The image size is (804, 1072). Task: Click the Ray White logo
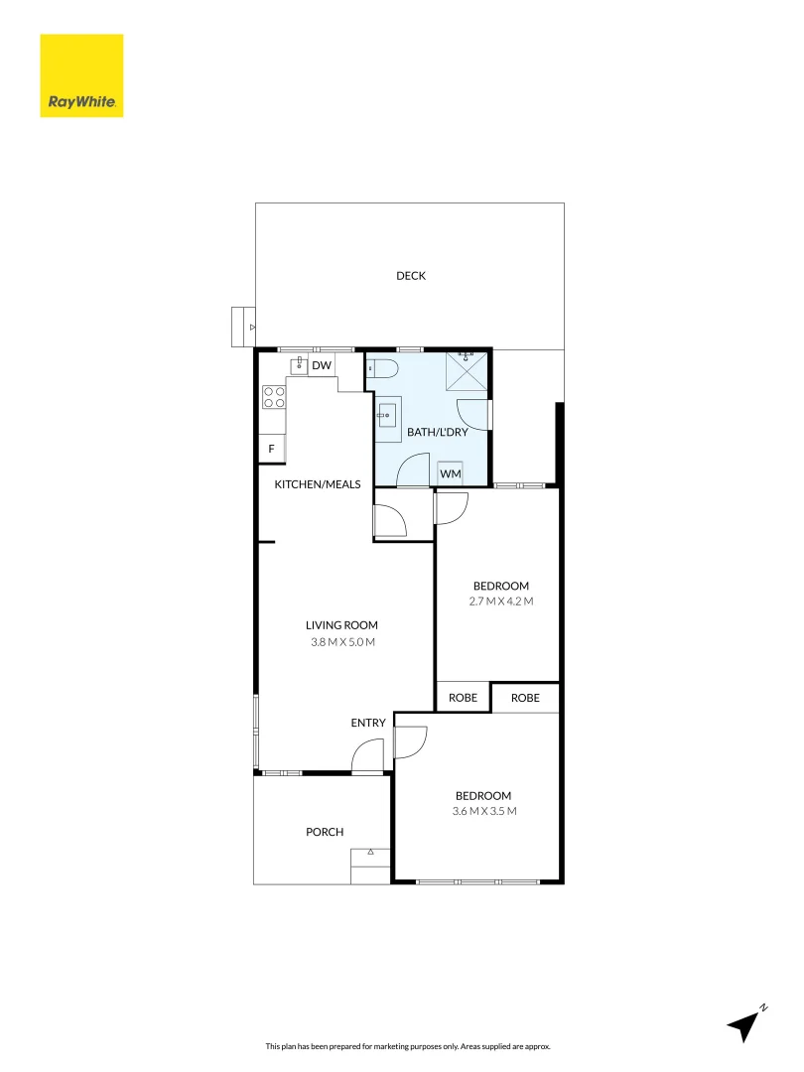coord(81,75)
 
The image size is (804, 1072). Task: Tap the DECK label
coord(410,276)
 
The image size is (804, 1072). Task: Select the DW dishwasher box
coord(321,366)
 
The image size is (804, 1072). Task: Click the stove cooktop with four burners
coord(274,398)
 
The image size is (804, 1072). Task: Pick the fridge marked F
coord(271,450)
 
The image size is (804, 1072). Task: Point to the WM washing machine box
coord(451,474)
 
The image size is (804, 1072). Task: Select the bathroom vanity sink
coord(388,414)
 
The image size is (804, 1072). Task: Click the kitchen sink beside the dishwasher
coord(298,366)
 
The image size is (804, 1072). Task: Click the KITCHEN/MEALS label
coord(318,483)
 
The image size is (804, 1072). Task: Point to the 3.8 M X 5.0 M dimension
coord(341,642)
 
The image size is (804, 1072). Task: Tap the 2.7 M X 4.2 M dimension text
coord(500,602)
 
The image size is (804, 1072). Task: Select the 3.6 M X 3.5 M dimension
coord(483,811)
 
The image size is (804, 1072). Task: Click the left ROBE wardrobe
coord(463,698)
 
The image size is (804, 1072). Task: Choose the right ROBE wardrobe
coord(525,698)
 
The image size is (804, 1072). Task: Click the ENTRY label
coord(367,723)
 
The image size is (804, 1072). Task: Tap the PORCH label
coord(325,832)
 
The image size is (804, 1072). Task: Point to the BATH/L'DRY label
coord(431,433)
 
